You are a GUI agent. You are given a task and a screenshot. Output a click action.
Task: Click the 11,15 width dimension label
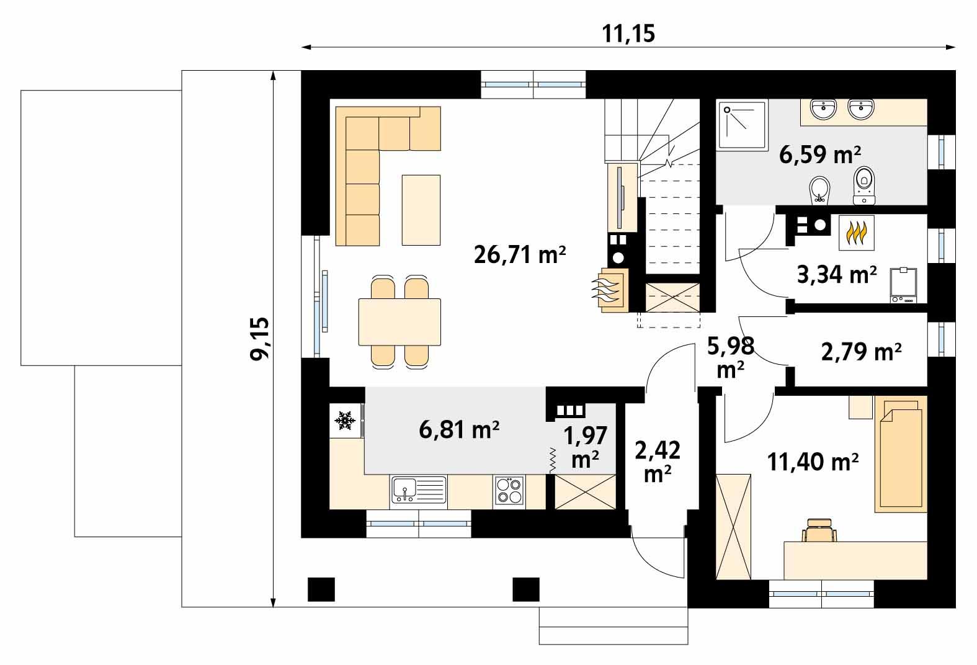tap(628, 33)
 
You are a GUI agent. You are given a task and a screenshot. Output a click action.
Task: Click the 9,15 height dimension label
tap(261, 338)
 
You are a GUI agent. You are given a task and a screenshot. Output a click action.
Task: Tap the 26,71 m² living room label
tap(520, 254)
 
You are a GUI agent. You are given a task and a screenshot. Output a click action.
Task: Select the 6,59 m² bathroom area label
tap(819, 154)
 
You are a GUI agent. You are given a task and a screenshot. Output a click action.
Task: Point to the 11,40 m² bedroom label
tap(813, 462)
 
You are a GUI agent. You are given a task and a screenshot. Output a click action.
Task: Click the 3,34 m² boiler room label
tap(836, 274)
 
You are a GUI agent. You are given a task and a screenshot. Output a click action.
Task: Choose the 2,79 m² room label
tap(861, 352)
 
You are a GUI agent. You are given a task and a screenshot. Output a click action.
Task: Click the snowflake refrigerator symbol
tap(345, 421)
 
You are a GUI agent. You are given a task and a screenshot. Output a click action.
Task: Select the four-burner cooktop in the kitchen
tap(509, 491)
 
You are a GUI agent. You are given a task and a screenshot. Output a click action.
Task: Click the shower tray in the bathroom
tap(742, 126)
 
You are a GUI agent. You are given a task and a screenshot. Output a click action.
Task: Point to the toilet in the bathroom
tap(863, 185)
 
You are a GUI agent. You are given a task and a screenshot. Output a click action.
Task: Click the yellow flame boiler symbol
tap(857, 233)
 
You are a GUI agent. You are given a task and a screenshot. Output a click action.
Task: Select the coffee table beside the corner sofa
tap(421, 210)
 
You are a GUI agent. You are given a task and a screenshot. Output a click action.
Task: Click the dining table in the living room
tap(399, 322)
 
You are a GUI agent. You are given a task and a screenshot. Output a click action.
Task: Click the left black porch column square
tap(321, 589)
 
